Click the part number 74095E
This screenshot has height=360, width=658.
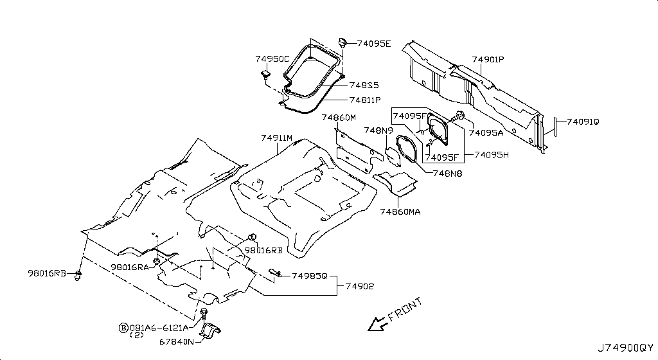(374, 44)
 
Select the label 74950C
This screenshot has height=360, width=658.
(272, 59)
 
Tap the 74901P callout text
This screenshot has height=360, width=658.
(488, 60)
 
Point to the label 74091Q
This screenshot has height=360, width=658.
(583, 122)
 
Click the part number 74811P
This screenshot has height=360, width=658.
(365, 100)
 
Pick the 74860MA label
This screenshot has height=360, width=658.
(400, 212)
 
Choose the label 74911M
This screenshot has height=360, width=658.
(276, 138)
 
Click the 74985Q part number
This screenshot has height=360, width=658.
(309, 276)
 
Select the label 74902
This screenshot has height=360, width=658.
(360, 286)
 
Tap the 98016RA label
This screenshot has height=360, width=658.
(130, 267)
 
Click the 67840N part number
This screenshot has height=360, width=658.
(177, 341)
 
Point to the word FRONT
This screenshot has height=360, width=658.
(405, 309)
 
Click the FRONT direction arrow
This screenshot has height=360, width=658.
(377, 323)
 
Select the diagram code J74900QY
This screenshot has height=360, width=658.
(626, 348)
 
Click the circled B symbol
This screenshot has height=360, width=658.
(123, 328)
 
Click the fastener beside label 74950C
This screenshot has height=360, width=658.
(265, 75)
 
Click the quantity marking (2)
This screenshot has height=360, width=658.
(136, 335)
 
